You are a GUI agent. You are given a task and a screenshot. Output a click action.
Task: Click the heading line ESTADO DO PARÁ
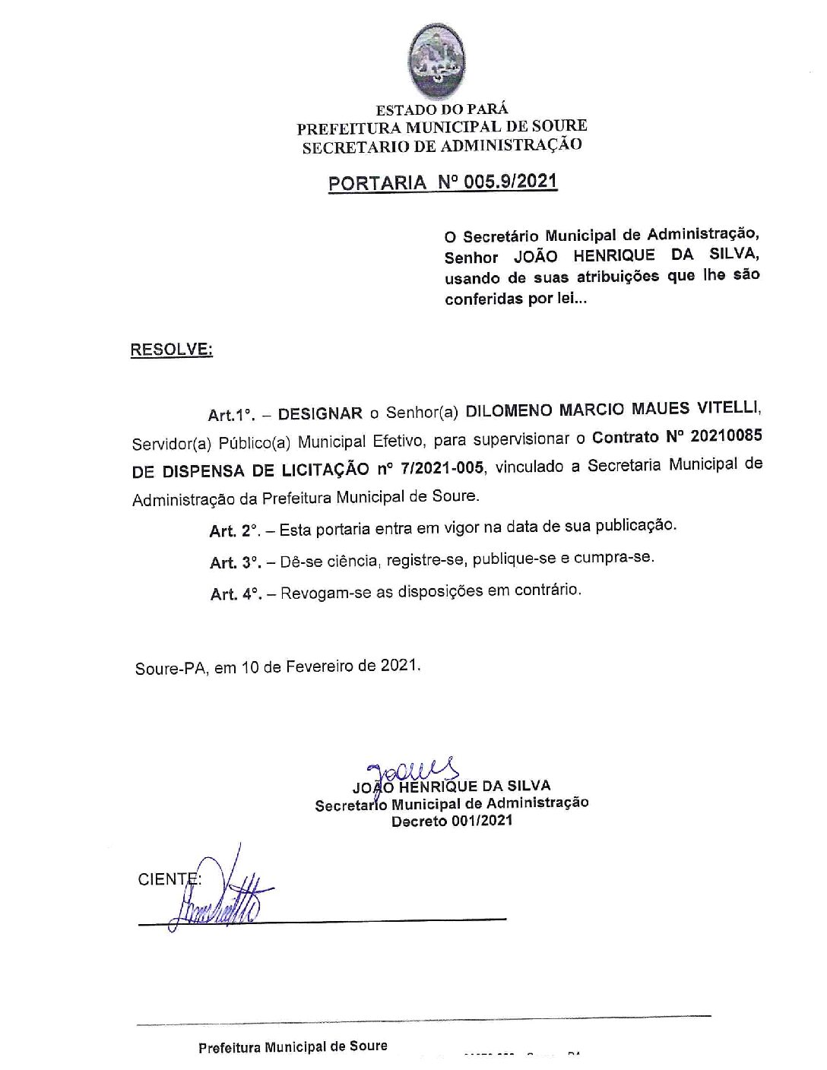(x=442, y=109)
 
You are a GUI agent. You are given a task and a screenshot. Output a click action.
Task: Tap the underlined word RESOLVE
(x=172, y=350)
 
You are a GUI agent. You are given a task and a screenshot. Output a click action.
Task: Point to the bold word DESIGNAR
(x=320, y=413)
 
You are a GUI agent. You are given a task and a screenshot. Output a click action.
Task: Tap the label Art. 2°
(x=234, y=530)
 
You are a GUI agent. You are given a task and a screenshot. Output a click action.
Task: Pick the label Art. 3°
(x=235, y=562)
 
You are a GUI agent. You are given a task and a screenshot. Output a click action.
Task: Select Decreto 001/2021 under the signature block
(x=452, y=821)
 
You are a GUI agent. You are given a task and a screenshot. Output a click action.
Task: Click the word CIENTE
(x=168, y=879)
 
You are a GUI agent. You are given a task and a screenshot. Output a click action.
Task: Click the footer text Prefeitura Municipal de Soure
(x=293, y=1046)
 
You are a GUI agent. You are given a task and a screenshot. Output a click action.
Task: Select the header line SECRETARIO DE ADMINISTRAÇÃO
(x=442, y=145)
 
